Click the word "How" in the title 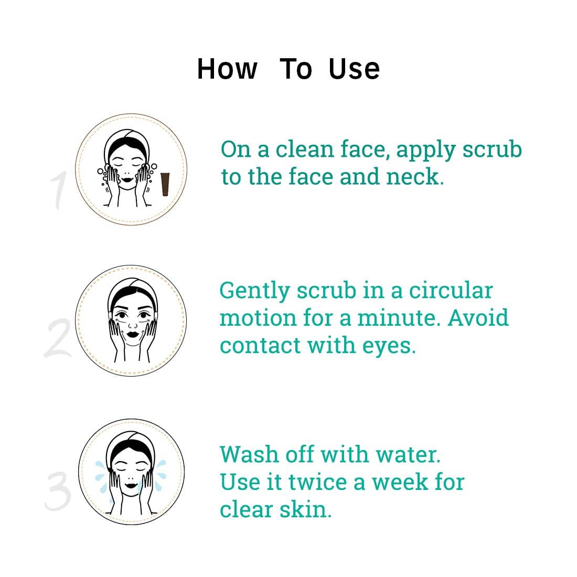click(x=227, y=69)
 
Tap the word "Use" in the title click(x=354, y=69)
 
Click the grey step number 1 click(x=59, y=190)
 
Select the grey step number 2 click(x=58, y=338)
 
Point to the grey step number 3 click(x=58, y=491)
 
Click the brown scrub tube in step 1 click(x=165, y=184)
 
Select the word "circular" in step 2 click(x=451, y=291)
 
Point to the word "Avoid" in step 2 click(x=478, y=318)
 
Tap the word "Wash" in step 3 click(x=250, y=454)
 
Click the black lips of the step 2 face click(x=133, y=335)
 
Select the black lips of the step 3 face click(x=131, y=485)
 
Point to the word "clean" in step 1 click(x=305, y=150)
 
